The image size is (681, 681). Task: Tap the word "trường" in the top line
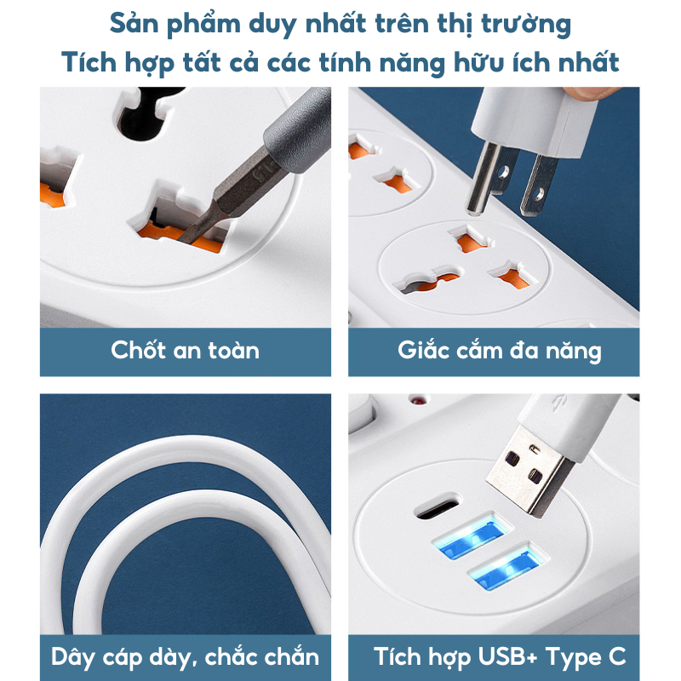click(x=526, y=24)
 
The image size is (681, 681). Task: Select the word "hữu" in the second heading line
click(x=479, y=62)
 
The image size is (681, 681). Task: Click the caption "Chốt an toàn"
click(x=185, y=350)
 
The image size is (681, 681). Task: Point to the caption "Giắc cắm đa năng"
click(x=500, y=351)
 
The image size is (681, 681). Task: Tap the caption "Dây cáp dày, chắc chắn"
click(x=185, y=656)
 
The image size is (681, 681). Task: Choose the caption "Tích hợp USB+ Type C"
click(x=500, y=656)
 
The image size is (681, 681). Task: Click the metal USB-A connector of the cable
click(x=528, y=472)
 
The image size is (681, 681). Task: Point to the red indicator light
click(x=418, y=399)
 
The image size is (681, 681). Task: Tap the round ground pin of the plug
click(x=481, y=179)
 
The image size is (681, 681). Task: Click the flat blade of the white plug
click(x=539, y=186)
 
